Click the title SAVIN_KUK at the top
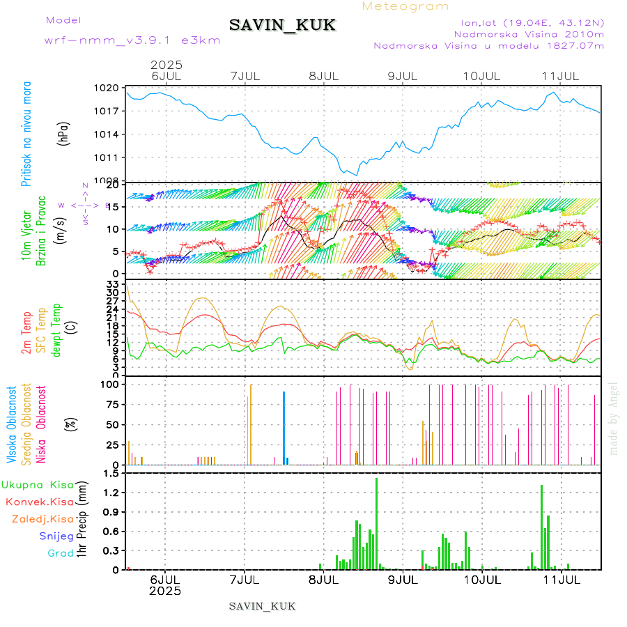282,26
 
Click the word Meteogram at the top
406,6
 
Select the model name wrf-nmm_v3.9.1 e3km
132,40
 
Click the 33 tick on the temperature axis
111,284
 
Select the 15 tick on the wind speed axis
114,206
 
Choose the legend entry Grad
60,553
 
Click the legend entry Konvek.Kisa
39,502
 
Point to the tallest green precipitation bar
376,523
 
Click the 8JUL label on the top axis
323,75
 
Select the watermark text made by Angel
614,418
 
